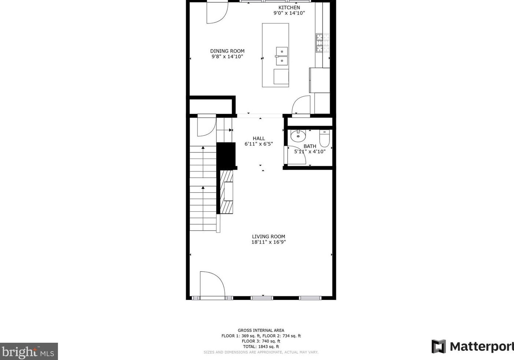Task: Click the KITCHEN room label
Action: [x=289, y=7]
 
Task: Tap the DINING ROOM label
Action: [x=227, y=51]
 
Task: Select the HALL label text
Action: [x=258, y=138]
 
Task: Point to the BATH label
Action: [x=310, y=146]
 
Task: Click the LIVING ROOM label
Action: [x=268, y=237]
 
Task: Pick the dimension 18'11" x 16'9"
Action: [x=268, y=242]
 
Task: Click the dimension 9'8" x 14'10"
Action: [x=227, y=57]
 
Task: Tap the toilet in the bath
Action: [x=324, y=138]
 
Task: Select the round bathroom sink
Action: [x=298, y=136]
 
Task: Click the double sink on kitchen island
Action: [x=282, y=56]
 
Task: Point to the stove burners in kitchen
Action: [x=323, y=43]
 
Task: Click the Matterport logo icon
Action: [x=438, y=346]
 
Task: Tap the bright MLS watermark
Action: [x=29, y=352]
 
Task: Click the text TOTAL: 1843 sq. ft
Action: [x=261, y=346]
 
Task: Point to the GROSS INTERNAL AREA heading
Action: [x=261, y=330]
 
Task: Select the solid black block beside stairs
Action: [x=226, y=155]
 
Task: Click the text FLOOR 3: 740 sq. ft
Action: [x=261, y=341]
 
